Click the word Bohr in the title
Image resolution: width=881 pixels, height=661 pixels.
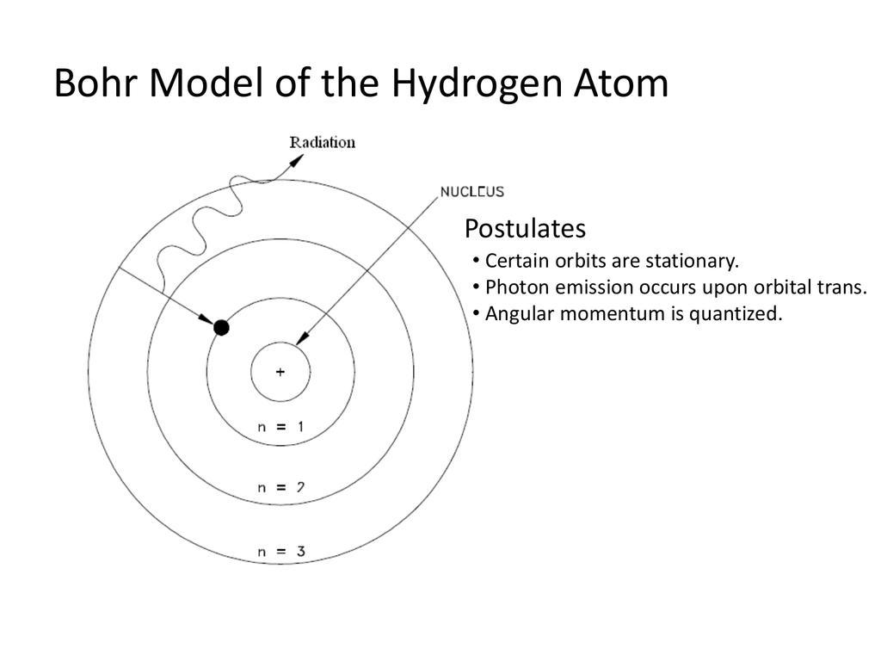[x=95, y=83]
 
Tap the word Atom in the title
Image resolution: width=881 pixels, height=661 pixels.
[x=621, y=83]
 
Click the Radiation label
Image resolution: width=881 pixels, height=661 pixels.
[x=323, y=142]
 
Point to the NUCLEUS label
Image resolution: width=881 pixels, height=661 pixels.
[x=472, y=192]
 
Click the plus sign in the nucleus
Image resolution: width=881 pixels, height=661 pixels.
[x=280, y=372]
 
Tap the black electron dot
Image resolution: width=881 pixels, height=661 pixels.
[x=221, y=327]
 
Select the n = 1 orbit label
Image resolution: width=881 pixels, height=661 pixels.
[x=280, y=427]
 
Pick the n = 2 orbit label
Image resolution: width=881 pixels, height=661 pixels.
[x=280, y=487]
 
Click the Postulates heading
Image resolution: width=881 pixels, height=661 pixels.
[x=525, y=228]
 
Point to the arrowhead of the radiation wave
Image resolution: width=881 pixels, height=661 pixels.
[x=297, y=160]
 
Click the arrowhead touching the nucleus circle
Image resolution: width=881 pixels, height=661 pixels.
[x=303, y=337]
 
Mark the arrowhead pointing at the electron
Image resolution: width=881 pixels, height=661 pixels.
[x=206, y=318]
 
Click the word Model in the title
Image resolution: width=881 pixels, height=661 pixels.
[x=206, y=83]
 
